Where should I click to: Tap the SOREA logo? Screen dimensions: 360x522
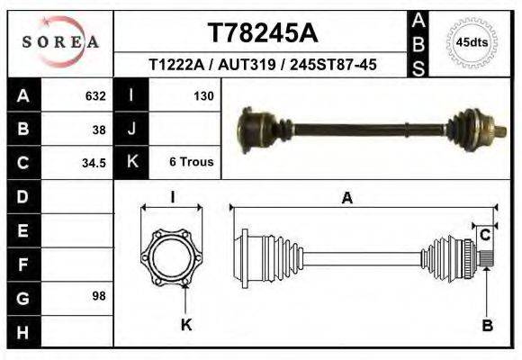pyautogui.click(x=60, y=42)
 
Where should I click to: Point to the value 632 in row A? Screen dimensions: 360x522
pyautogui.click(x=95, y=94)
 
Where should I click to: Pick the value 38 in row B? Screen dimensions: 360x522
pyautogui.click(x=99, y=129)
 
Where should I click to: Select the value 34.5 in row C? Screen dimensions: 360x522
pyautogui.click(x=94, y=163)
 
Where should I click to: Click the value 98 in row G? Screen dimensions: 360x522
pyautogui.click(x=99, y=296)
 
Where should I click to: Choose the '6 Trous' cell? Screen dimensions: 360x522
pyautogui.click(x=191, y=162)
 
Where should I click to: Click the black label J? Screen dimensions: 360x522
pyautogui.click(x=132, y=129)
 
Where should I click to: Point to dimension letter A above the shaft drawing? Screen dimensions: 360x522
pyautogui.click(x=346, y=200)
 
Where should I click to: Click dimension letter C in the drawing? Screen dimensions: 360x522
pyautogui.click(x=484, y=236)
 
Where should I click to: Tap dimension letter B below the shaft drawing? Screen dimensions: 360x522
pyautogui.click(x=487, y=325)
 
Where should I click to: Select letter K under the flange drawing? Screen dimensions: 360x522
pyautogui.click(x=186, y=325)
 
